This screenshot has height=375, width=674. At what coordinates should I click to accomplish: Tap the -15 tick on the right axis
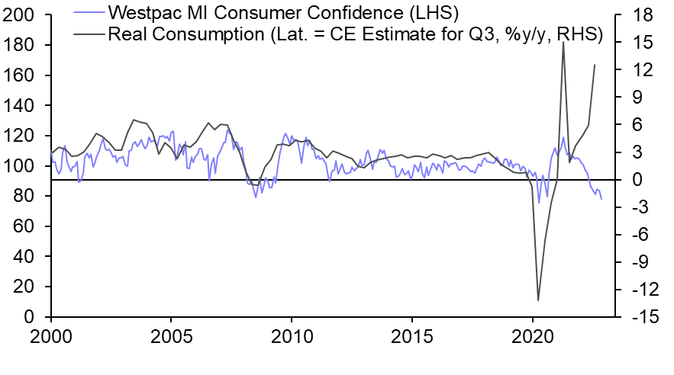click(x=637, y=317)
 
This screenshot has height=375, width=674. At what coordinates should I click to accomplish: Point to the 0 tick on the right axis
click(x=632, y=180)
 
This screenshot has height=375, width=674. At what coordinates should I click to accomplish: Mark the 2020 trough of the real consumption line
click(x=538, y=300)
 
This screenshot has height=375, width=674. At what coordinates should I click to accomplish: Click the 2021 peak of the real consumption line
click(x=563, y=42)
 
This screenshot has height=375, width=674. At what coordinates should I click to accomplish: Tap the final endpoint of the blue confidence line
click(x=601, y=199)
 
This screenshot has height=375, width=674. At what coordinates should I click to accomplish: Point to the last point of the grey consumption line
click(x=595, y=65)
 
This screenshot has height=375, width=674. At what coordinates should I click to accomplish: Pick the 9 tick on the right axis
click(x=632, y=98)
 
